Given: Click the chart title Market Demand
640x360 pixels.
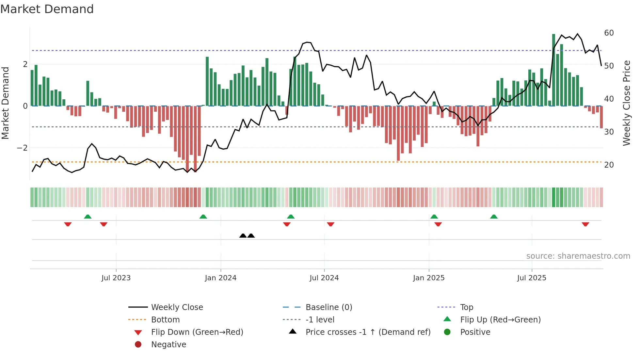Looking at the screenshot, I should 47,9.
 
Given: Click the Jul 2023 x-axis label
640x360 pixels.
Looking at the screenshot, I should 116,278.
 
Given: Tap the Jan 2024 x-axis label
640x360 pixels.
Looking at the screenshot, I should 220,278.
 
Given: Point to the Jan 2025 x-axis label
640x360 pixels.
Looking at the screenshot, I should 428,278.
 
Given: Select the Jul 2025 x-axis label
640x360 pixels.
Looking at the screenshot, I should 532,278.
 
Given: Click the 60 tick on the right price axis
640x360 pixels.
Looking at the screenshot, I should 609,33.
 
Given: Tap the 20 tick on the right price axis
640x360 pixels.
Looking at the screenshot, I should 609,165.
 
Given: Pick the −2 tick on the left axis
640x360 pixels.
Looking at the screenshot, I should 23,148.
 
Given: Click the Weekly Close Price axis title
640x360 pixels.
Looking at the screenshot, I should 626,103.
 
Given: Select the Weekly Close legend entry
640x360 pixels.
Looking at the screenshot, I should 177,307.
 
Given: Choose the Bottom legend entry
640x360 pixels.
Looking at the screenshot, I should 165,320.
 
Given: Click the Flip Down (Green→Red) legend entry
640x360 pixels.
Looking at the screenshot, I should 197,332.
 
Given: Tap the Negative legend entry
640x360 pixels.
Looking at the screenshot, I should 168,345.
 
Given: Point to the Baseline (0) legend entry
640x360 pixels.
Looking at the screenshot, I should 328,307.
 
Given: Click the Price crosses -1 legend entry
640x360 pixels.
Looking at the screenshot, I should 368,332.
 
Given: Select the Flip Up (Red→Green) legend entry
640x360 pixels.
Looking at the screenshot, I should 500,320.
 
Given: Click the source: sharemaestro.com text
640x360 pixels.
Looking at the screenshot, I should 578,256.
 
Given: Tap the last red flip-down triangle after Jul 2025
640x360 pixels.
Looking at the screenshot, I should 585,224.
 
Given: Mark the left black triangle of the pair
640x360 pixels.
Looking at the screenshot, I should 243,236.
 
